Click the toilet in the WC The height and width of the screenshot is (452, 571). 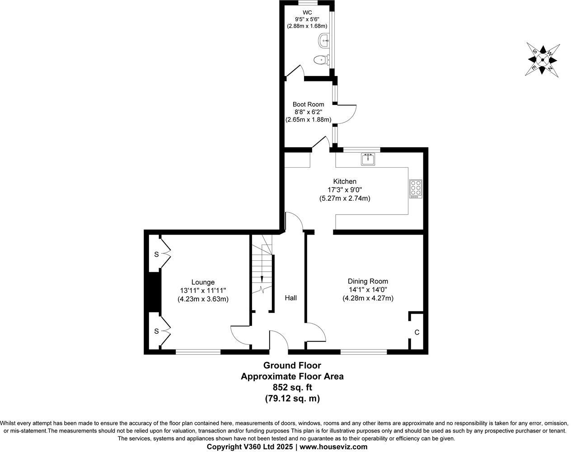tap(321, 59)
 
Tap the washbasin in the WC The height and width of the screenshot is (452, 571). tap(324, 41)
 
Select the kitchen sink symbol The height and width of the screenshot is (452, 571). tap(368, 159)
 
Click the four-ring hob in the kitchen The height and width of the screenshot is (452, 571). tap(415, 188)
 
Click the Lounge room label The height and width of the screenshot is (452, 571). tap(202, 282)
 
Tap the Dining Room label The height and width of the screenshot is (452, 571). tap(368, 281)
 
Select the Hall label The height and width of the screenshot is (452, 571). tap(290, 298)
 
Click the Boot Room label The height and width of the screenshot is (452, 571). tap(308, 104)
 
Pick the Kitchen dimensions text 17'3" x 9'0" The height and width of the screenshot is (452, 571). tap(345, 190)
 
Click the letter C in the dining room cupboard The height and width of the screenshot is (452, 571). tap(417, 332)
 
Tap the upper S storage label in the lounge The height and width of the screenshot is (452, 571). tap(156, 254)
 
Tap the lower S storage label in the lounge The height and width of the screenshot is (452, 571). tap(156, 331)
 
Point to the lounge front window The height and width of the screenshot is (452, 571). tap(198, 352)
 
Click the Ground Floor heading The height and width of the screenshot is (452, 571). tap(292, 365)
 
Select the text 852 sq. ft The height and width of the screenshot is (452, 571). tap(292, 387)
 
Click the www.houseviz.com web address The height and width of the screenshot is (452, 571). tap(333, 447)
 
